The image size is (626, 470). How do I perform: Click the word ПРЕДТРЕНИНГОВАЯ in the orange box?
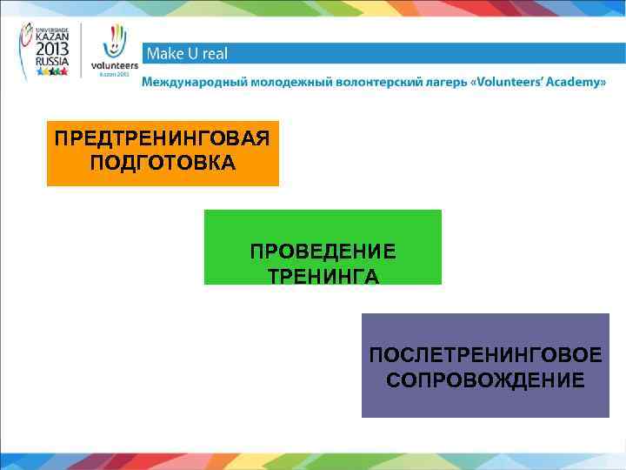tap(162, 139)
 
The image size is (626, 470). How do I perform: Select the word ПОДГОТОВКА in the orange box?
tap(162, 164)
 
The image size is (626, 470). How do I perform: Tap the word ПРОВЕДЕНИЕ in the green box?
tap(323, 252)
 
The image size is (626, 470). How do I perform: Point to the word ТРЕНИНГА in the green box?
tap(323, 276)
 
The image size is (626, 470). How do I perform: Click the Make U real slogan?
tap(187, 54)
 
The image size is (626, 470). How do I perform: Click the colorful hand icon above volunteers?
tap(115, 40)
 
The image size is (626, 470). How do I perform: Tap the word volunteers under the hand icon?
tap(114, 65)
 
